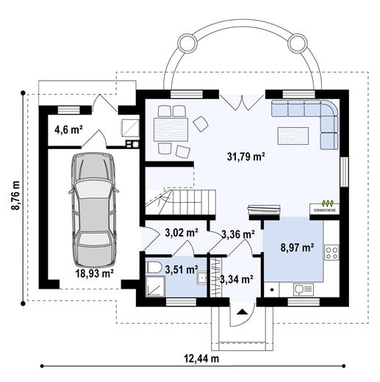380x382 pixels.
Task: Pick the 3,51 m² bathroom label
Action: click(x=179, y=268)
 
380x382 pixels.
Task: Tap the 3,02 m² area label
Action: click(x=181, y=233)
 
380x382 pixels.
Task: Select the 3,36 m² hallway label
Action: click(x=237, y=235)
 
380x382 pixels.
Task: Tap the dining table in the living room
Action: click(x=170, y=132)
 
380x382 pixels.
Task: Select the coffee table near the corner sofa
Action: click(x=293, y=135)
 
